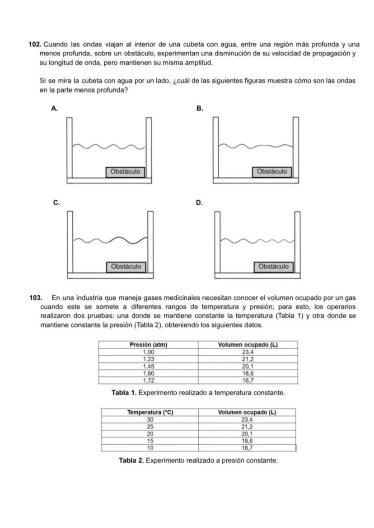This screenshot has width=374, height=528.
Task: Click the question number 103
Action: tap(36, 298)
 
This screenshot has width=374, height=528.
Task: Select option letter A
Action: tap(55, 108)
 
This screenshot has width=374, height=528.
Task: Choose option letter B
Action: tap(201, 108)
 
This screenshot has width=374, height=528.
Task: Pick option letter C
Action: tap(55, 203)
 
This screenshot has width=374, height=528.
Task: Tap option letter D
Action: tap(201, 203)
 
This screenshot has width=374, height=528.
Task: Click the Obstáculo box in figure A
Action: tap(126, 172)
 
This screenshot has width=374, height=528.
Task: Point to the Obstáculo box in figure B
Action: tap(272, 172)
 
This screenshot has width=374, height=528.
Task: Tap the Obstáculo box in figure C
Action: tap(126, 266)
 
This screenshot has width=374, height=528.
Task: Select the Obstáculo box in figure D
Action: tap(273, 266)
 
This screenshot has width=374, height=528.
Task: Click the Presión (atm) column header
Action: tap(149, 345)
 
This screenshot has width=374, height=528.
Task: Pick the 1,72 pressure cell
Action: tap(149, 380)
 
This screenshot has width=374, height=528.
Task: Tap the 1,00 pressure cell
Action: tap(149, 352)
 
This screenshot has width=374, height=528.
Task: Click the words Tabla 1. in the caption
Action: tap(124, 393)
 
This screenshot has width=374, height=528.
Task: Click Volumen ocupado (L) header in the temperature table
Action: tap(247, 413)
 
